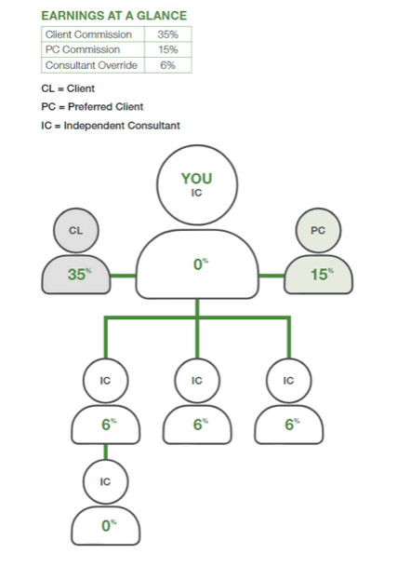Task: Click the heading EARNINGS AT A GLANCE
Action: pos(114,16)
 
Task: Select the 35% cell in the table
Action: pos(168,34)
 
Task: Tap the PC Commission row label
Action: pos(83,49)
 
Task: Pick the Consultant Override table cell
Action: pos(91,65)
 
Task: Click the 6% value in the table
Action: pos(168,65)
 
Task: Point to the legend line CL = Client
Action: pos(68,88)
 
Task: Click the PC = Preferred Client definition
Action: pos(92,107)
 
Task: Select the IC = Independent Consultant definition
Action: pos(111,126)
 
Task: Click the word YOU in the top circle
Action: pos(197,179)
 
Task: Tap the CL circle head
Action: pos(76,230)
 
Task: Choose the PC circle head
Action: pos(318,230)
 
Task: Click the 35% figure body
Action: pos(76,274)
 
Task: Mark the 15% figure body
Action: pos(318,274)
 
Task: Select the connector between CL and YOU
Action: pos(123,276)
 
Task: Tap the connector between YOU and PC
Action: pos(271,276)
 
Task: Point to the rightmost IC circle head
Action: pos(288,381)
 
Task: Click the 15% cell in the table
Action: pos(168,49)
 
